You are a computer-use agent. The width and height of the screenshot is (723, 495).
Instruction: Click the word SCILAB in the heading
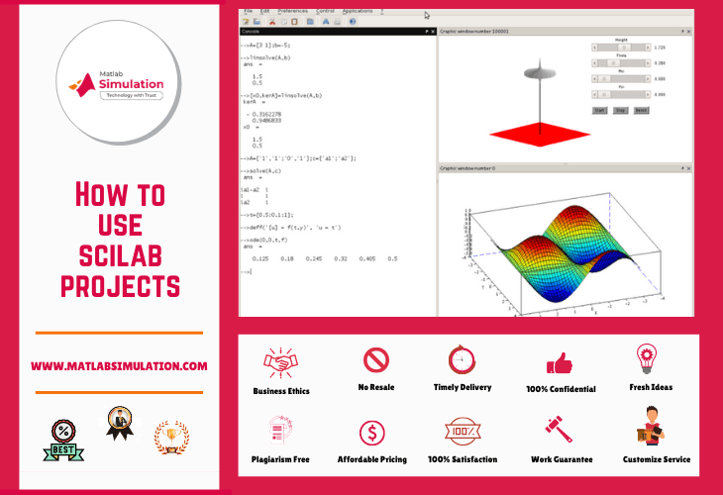point(119,256)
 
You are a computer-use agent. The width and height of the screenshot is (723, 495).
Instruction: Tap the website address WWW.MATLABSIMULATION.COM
point(119,366)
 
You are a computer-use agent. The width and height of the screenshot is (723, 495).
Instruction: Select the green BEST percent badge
point(61,440)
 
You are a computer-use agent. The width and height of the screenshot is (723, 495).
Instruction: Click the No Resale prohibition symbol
point(375,359)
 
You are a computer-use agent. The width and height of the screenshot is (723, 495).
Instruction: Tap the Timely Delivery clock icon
point(462,359)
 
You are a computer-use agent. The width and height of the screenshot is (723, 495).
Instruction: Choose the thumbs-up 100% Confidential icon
point(559,361)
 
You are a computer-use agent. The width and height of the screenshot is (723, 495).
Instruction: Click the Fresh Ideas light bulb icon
point(647,357)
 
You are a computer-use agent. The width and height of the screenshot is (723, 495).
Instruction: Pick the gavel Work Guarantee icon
point(559,430)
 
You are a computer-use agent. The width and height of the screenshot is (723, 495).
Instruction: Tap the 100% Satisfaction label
point(463,459)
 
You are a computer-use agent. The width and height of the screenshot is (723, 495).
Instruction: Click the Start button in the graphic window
point(599,110)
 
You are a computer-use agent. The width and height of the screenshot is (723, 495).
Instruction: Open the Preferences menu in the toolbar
point(292,10)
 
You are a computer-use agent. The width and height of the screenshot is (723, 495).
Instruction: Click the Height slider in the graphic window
point(621,47)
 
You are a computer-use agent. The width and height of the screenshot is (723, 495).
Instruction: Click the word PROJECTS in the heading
point(119,288)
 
